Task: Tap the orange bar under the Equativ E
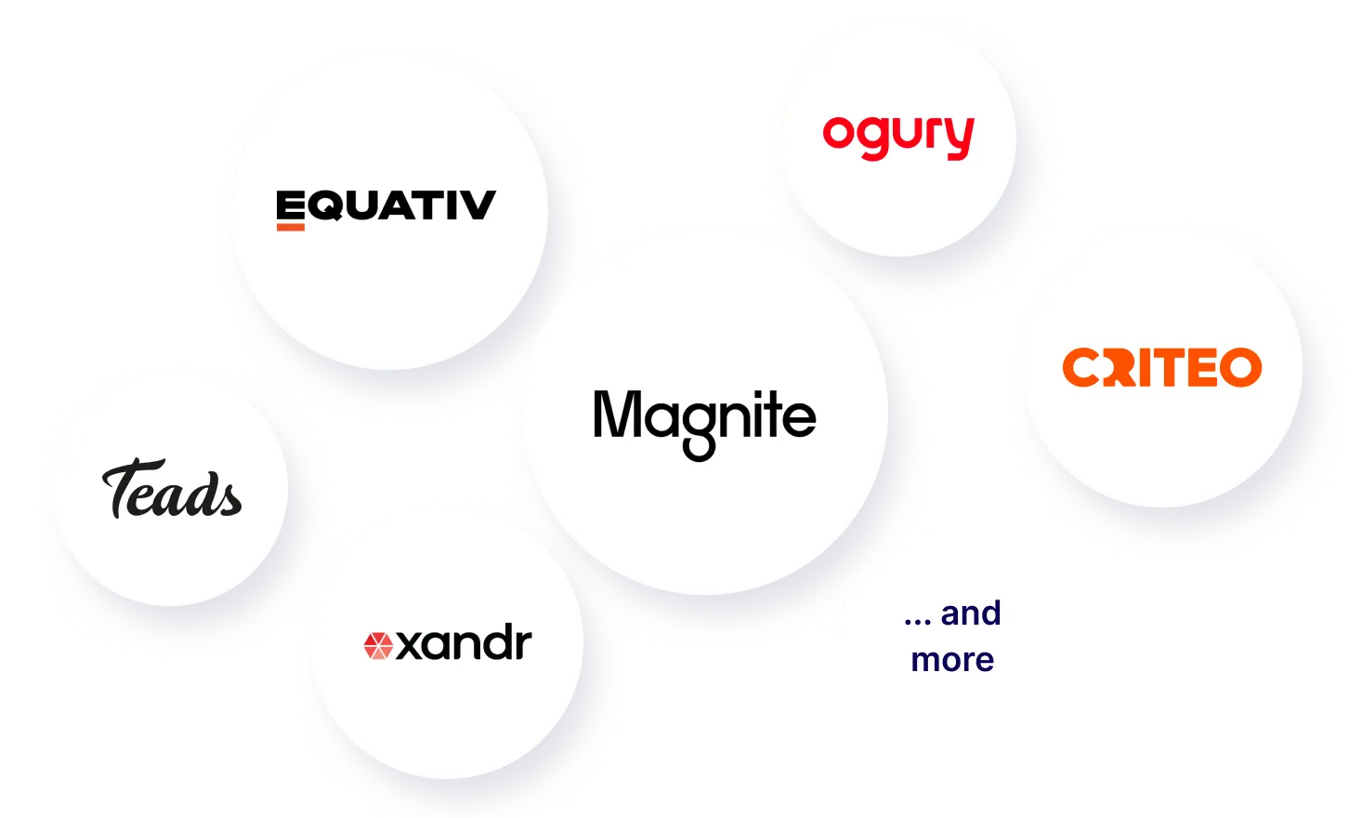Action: tap(291, 228)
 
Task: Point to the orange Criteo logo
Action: tap(1162, 367)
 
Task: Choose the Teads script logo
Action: tap(172, 488)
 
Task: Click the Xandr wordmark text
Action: tap(464, 641)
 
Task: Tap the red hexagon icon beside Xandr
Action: tap(378, 646)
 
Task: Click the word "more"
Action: tap(952, 661)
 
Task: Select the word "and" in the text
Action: tap(971, 613)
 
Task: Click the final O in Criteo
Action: tap(1241, 367)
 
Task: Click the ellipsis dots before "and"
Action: tap(918, 623)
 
